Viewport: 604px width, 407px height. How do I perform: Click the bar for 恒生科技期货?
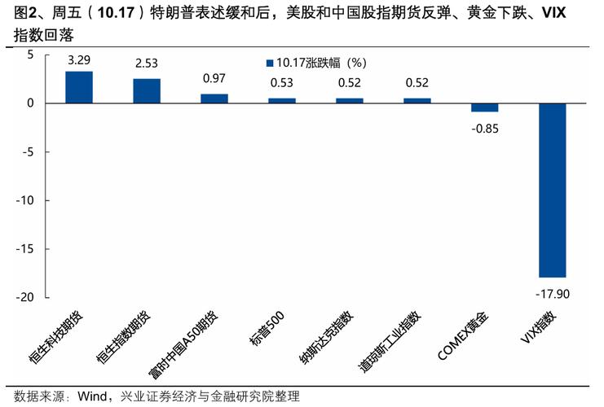(x=79, y=87)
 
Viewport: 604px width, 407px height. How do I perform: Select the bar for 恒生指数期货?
(x=147, y=91)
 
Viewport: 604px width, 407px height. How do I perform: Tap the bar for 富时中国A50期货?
(x=214, y=98)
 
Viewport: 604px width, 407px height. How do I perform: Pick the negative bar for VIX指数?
(x=553, y=190)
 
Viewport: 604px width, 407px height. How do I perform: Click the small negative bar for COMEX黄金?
(x=485, y=107)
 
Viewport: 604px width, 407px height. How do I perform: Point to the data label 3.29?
(x=79, y=60)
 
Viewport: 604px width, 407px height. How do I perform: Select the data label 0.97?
(x=214, y=78)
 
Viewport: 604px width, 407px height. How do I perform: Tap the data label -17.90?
(x=553, y=293)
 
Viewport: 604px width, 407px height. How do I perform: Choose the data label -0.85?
(x=485, y=128)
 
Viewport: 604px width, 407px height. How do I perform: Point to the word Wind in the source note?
(x=93, y=396)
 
